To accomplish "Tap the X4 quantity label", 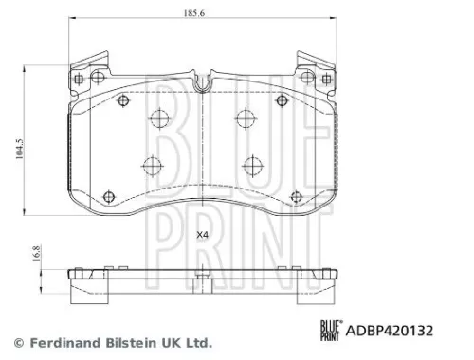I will pyautogui.click(x=201, y=235).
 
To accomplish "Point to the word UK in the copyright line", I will pyautogui.click(x=166, y=343).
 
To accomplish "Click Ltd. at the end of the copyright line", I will pyautogui.click(x=194, y=343).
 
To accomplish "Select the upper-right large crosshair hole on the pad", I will pyautogui.click(x=244, y=118).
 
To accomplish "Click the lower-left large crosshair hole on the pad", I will pyautogui.click(x=152, y=166).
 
